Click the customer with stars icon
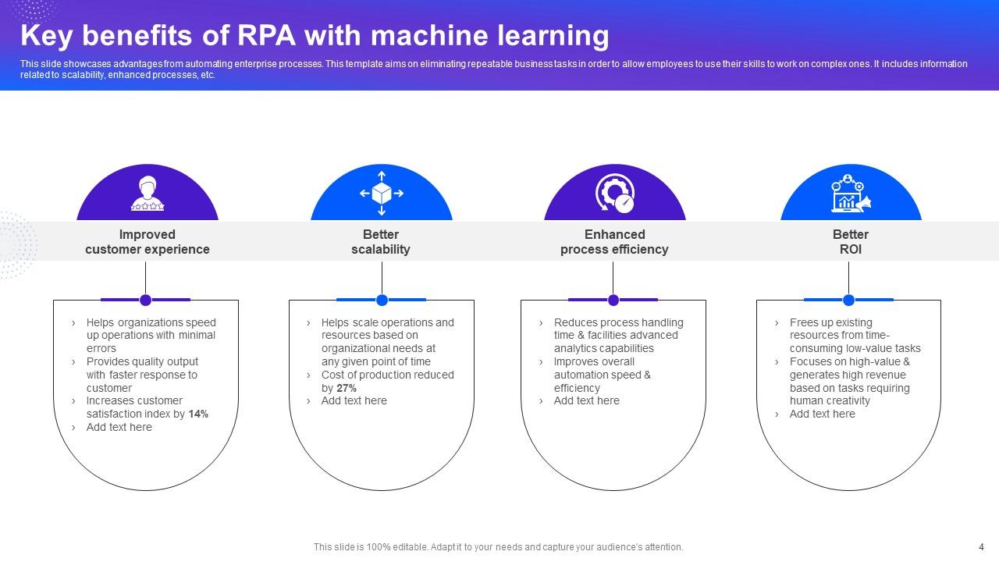148,194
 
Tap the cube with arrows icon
382,193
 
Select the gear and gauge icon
615,194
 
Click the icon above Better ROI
851,194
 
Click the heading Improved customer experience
148,242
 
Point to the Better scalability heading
381,242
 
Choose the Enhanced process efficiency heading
614,242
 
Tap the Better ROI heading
850,242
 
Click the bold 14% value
198,414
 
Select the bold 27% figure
347,388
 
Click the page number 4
981,547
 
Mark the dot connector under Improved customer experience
145,300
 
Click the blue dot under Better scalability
382,300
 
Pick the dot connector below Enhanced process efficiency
613,300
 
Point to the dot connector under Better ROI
848,300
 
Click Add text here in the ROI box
822,414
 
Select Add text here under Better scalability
354,401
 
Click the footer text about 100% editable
498,547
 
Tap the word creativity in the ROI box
844,401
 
